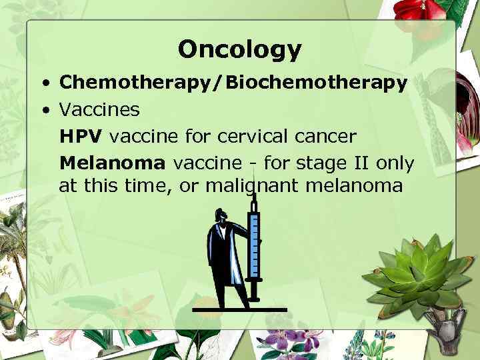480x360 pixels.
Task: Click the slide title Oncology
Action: pos(239,49)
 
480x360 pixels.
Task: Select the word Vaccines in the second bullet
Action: pos(99,109)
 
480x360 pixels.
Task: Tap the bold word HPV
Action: pos(81,135)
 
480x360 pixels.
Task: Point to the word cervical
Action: pos(248,135)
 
